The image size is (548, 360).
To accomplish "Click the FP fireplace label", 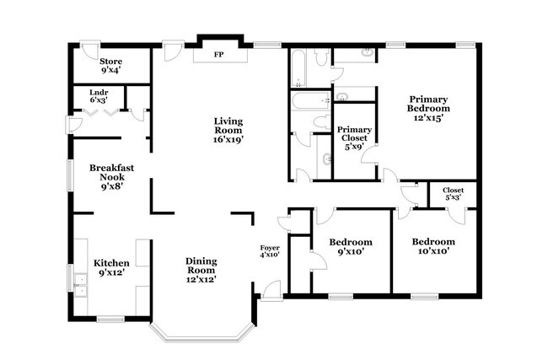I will tap(218, 55).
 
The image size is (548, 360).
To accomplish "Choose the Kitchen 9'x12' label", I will tap(111, 267).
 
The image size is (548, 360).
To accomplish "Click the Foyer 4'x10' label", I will tap(269, 250).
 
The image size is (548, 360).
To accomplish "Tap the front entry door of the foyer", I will tap(271, 291).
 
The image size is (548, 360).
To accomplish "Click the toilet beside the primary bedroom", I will tap(366, 53).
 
